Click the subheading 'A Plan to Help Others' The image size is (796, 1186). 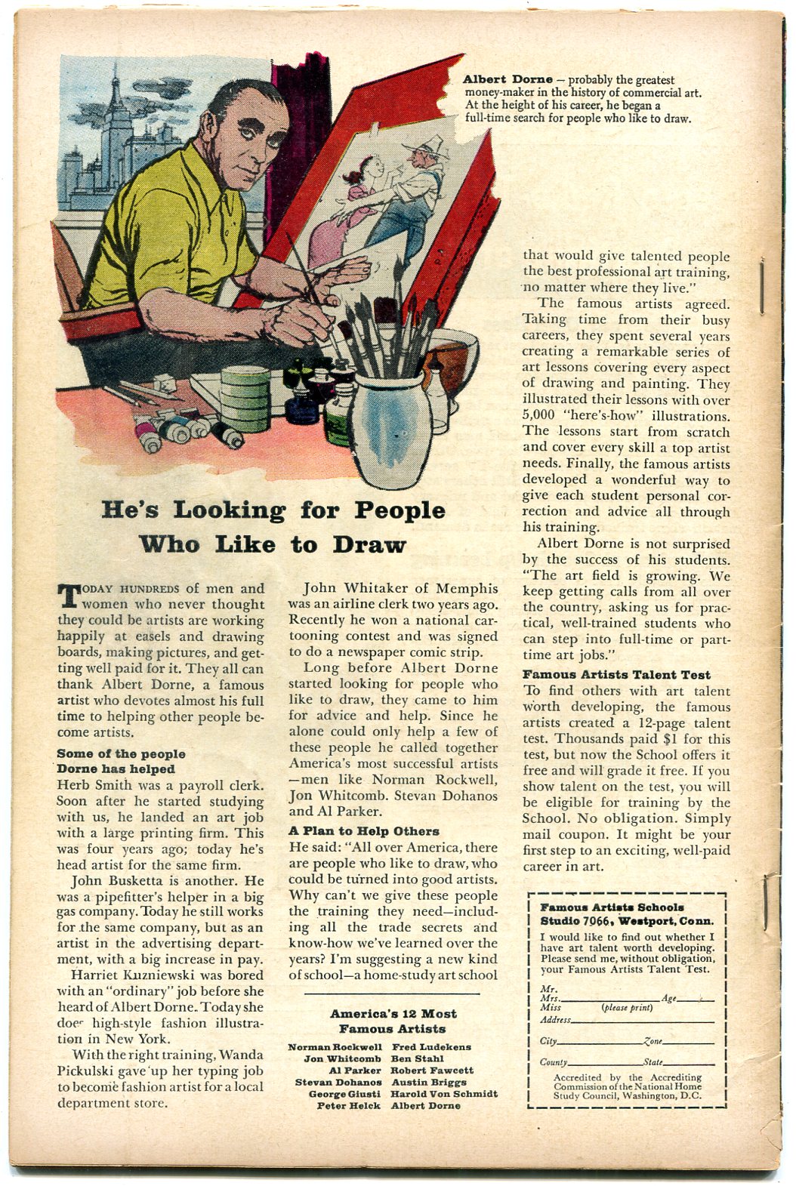(363, 830)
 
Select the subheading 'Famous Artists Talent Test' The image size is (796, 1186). (616, 675)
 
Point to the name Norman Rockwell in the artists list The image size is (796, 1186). (335, 1047)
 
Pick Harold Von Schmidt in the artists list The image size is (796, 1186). (444, 1093)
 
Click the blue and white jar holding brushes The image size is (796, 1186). (392, 430)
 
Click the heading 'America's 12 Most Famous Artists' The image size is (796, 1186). (393, 1021)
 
